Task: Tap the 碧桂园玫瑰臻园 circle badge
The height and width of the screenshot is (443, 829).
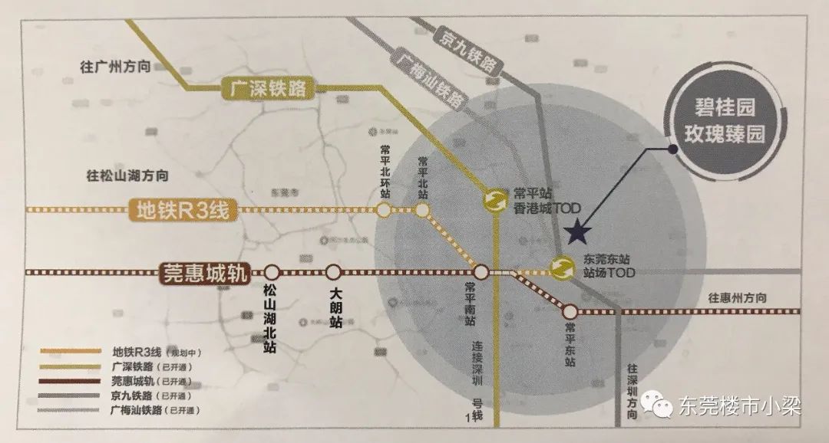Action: pos(725,125)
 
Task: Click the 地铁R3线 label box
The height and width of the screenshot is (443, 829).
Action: pos(181,209)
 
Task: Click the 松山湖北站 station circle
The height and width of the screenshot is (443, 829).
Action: pos(272,272)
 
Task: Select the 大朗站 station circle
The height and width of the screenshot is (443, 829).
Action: pos(333,272)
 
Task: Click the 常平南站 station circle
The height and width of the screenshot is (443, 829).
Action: pos(481,272)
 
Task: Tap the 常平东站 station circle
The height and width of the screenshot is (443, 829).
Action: pos(570,311)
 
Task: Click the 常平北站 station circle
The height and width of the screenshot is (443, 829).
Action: pos(422,209)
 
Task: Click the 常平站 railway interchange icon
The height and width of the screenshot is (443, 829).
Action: pos(494,200)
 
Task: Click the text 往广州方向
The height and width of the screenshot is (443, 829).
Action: pos(113,66)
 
